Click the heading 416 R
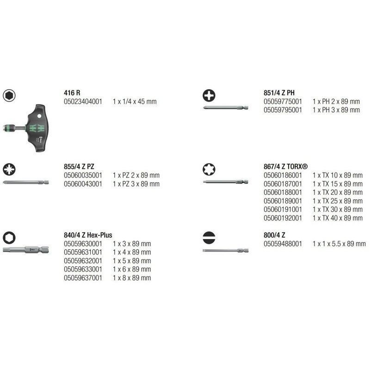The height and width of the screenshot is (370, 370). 73,92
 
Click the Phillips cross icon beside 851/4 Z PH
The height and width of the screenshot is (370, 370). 210,96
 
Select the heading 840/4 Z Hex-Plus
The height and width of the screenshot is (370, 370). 87,235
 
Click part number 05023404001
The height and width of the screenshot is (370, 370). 83,101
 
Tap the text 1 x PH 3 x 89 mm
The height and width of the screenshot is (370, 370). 336,110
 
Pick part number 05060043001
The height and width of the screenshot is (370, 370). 83,184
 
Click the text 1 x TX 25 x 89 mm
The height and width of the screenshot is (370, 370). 337,201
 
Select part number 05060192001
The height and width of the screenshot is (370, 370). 283,218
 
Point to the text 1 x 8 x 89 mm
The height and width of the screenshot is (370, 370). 132,278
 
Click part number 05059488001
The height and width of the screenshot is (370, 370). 283,244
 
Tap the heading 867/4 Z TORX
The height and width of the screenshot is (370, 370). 285,166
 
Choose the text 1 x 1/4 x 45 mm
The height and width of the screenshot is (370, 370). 135,101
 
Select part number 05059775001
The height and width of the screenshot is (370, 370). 283,101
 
